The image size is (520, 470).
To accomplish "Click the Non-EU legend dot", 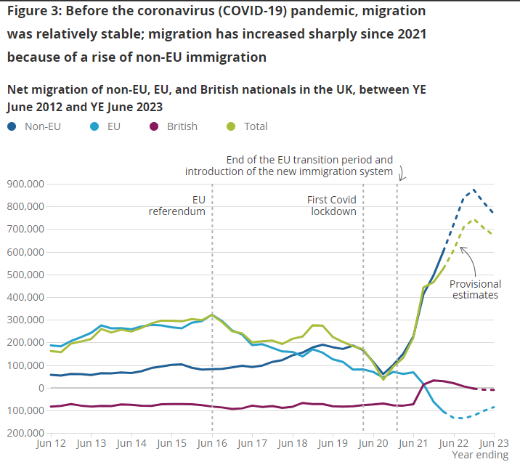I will [12, 126].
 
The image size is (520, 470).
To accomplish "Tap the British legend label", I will [182, 126].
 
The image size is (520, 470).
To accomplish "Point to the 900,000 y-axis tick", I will [25, 184].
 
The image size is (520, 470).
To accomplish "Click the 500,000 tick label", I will [25, 275].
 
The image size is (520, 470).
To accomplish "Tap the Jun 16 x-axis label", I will [212, 442].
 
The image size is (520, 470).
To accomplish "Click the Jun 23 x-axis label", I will [494, 442].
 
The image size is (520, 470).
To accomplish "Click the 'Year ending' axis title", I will [480, 455].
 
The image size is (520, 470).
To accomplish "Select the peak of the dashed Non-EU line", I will [474, 190].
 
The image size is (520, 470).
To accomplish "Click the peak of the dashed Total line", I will [474, 219].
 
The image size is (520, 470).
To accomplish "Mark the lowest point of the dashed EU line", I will [459, 418].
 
